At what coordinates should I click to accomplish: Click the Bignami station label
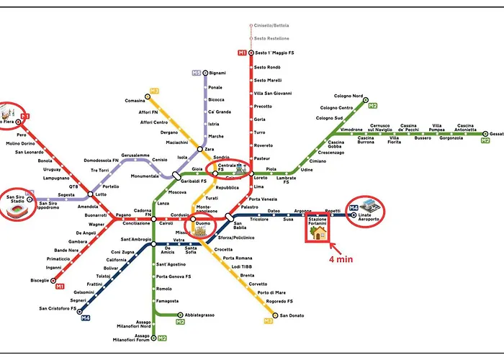pyautogui.click(x=217, y=73)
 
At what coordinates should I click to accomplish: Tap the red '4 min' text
pyautogui.click(x=341, y=259)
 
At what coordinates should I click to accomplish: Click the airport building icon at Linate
pyautogui.click(x=368, y=204)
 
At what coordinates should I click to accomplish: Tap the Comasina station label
pyautogui.click(x=135, y=101)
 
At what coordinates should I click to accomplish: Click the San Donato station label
pyautogui.click(x=293, y=316)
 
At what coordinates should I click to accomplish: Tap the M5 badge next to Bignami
pyautogui.click(x=196, y=73)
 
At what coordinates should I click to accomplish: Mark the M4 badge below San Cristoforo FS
pyautogui.click(x=85, y=318)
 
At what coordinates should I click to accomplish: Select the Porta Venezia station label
pyautogui.click(x=263, y=199)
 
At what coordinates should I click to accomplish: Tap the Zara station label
pyautogui.click(x=210, y=149)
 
